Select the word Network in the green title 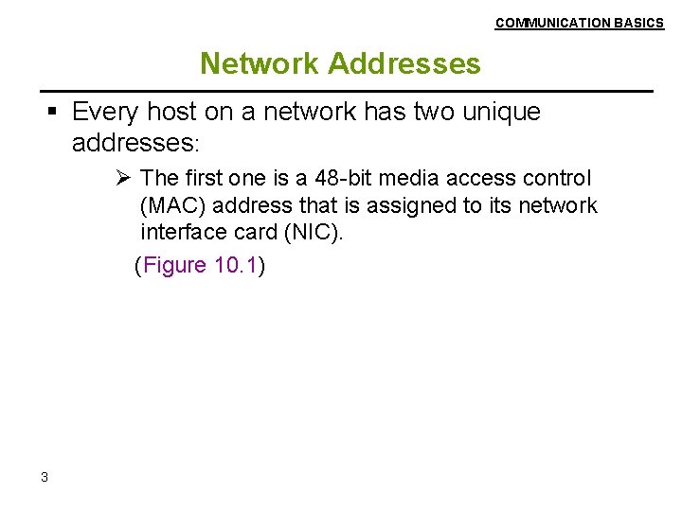(x=260, y=63)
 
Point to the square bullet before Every (x=54, y=113)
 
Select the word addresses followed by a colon (x=134, y=143)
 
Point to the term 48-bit (x=350, y=178)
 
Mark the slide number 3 (x=45, y=477)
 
